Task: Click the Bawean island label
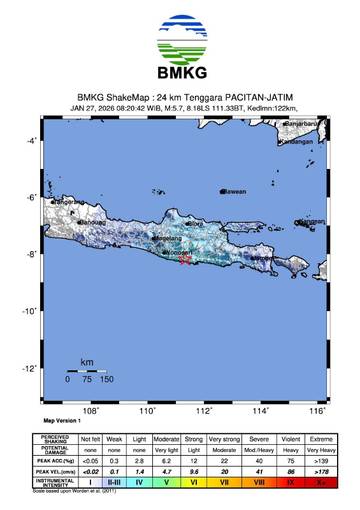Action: [x=233, y=191]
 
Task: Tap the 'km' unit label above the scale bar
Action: [x=87, y=361]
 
